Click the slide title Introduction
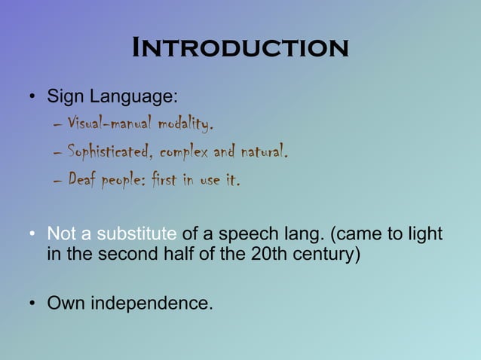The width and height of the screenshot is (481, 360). [x=240, y=48]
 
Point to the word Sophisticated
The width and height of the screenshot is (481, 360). [x=110, y=153]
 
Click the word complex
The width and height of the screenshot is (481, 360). [x=185, y=153]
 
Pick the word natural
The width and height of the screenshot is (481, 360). [x=263, y=153]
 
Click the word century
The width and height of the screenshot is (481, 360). [x=325, y=254]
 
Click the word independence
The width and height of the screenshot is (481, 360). [x=152, y=304]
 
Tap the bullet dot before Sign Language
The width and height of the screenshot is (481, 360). [x=33, y=98]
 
